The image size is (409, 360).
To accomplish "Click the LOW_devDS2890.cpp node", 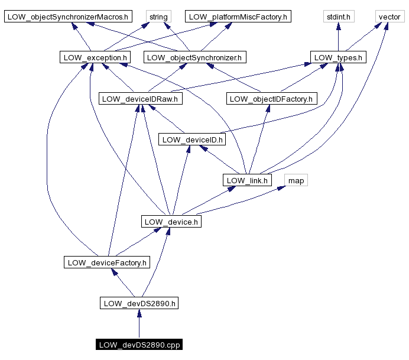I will [x=139, y=345].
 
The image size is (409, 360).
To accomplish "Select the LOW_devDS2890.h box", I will [x=139, y=303].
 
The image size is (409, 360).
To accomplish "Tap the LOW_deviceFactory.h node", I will [x=107, y=262].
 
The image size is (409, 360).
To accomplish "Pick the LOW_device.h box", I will [x=171, y=222].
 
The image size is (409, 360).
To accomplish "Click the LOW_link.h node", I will [x=247, y=180].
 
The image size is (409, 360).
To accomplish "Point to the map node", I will [x=296, y=180].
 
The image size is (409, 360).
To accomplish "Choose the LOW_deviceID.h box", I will [x=191, y=140].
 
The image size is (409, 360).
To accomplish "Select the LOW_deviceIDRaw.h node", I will [x=141, y=99].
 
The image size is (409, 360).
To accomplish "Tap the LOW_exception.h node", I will [x=95, y=57].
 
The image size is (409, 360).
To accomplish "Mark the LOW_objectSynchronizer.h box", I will [x=195, y=57].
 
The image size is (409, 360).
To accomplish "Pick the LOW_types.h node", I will [x=338, y=57].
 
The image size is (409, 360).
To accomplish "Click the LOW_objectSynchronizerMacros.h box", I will [x=69, y=17].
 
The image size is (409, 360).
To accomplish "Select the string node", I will [x=158, y=17].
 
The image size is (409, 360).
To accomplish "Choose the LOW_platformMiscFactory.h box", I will [x=237, y=17].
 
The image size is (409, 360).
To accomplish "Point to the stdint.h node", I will [x=338, y=17].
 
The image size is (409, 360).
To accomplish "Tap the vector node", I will [x=389, y=17].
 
